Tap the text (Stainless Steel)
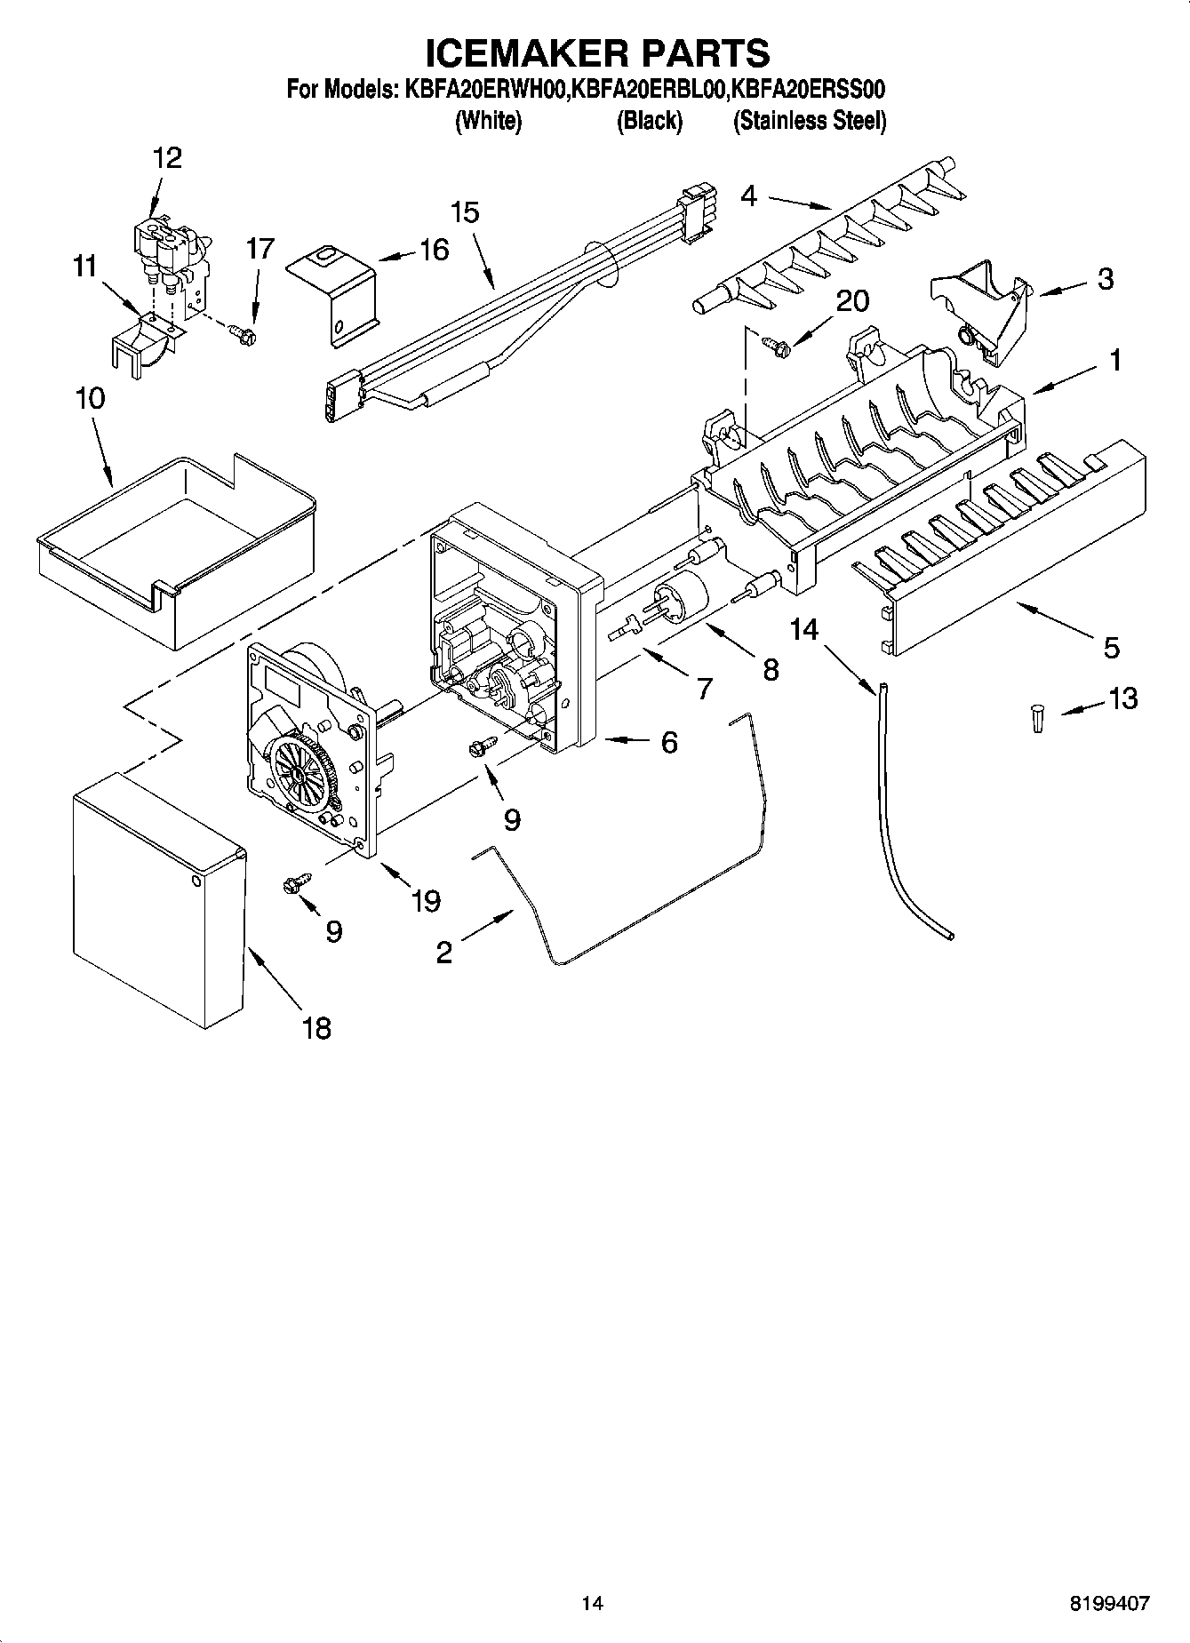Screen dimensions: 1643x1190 809,121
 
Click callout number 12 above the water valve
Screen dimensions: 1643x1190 167,158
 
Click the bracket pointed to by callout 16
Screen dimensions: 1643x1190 334,289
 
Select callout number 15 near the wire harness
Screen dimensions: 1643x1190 464,212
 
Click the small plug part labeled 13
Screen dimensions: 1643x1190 1036,717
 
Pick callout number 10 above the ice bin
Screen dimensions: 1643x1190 90,398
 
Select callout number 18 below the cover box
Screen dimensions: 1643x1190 316,1028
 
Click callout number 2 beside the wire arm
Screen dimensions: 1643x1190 443,953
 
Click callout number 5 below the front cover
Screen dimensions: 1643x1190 1111,647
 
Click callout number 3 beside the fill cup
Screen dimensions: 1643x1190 1105,279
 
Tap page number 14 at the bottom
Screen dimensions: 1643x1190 592,1603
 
